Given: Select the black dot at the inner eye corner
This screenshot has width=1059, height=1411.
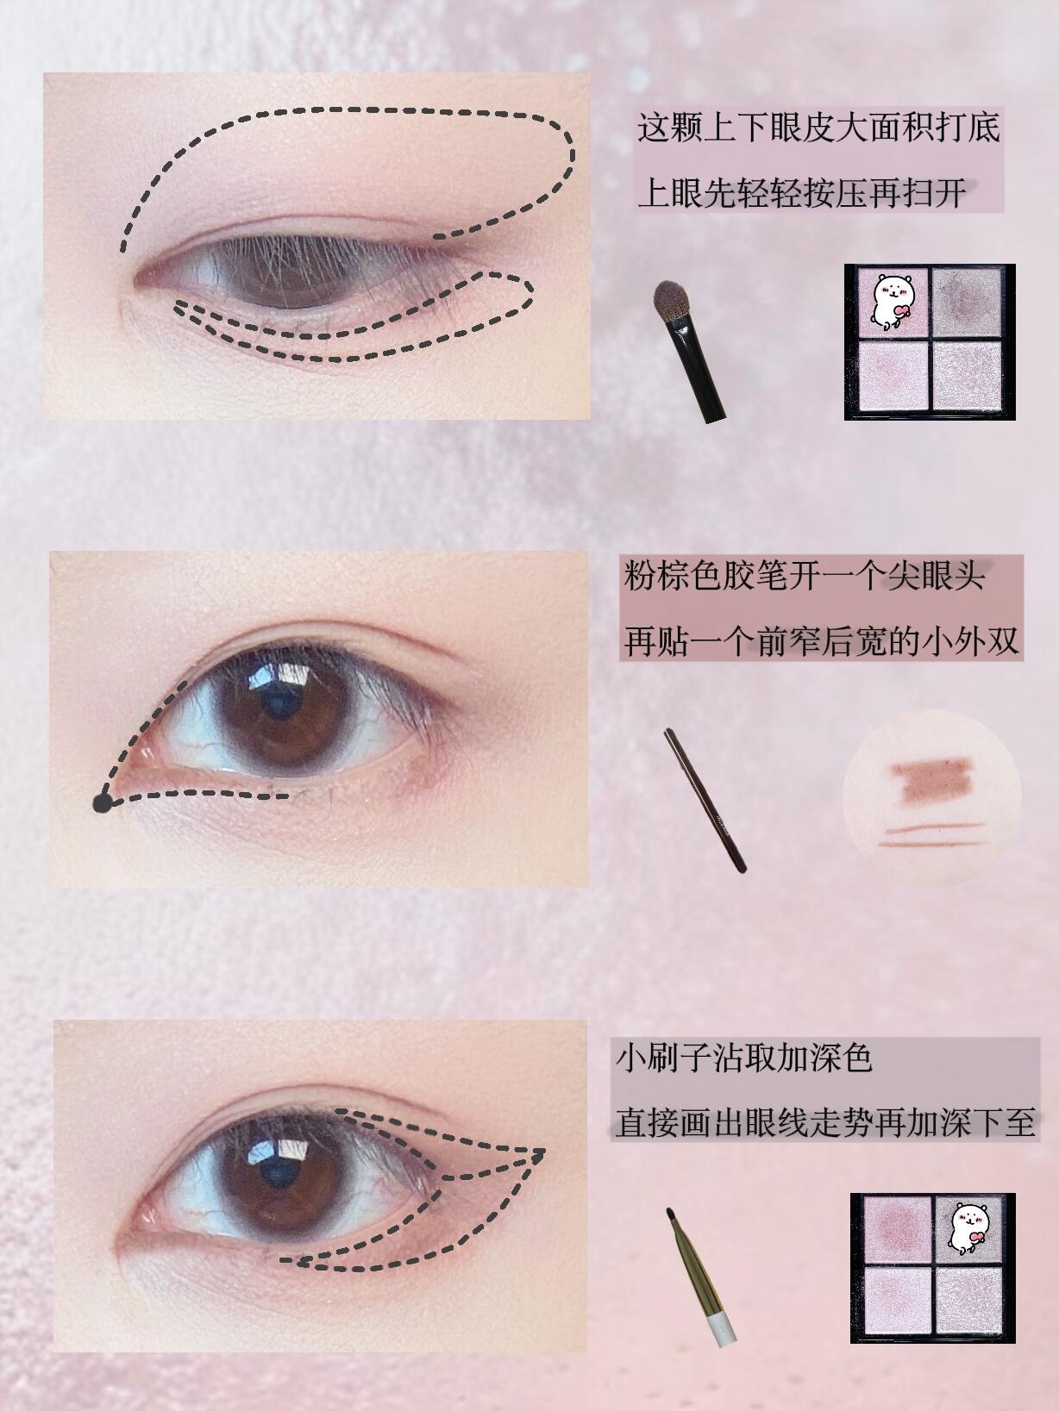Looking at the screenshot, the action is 103,803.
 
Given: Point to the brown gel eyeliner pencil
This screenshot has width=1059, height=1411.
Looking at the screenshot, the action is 705,801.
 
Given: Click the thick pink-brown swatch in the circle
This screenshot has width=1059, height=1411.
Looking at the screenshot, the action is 931,781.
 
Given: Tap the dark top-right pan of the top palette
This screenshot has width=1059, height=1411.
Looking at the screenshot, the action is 967,303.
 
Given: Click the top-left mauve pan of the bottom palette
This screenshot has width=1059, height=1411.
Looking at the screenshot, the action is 898,1229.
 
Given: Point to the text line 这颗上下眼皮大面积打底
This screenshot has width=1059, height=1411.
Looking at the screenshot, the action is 818,128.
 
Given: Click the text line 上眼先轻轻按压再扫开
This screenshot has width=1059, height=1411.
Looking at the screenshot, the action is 802,192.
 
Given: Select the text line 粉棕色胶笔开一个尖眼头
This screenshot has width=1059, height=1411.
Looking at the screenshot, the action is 804,576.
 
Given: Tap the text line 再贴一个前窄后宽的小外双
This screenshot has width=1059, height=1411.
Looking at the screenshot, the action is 821,640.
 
